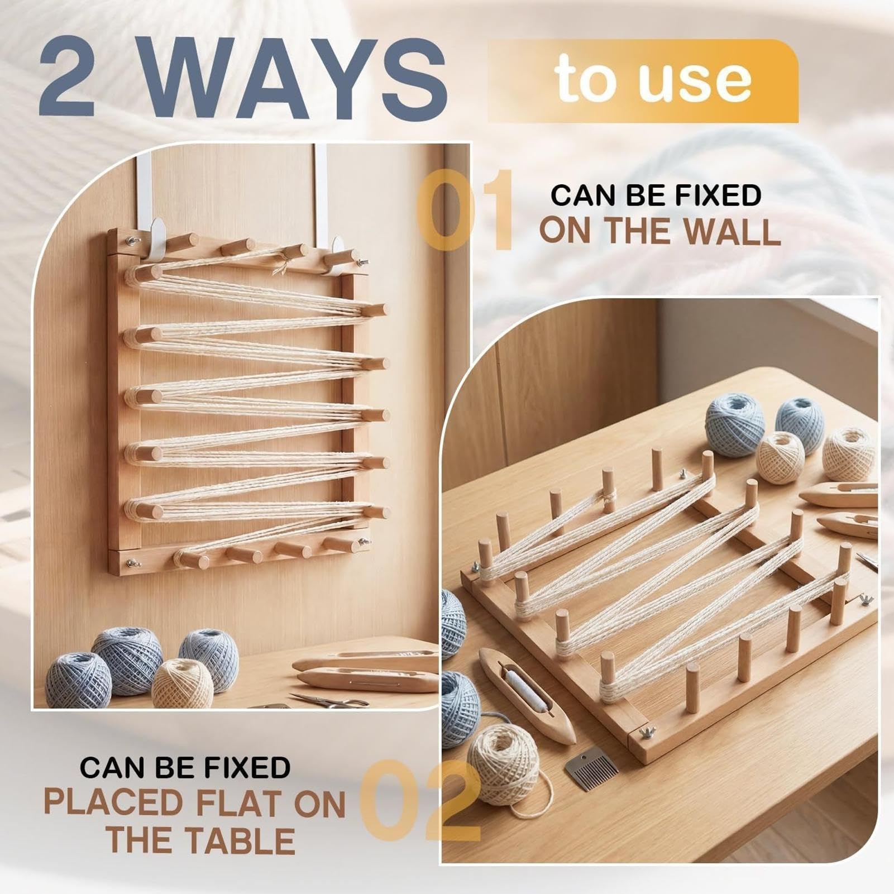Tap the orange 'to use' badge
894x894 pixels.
[x=643, y=80]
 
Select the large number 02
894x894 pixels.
[x=419, y=800]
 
